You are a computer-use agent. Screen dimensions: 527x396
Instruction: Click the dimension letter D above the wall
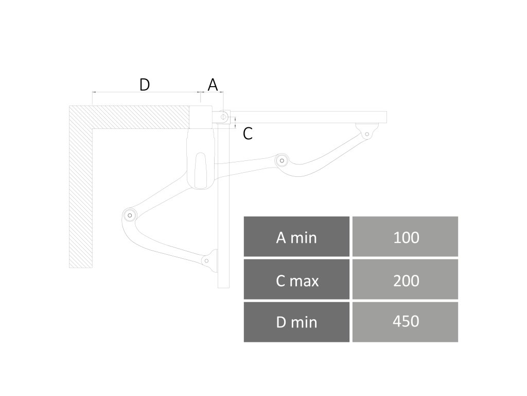(145, 85)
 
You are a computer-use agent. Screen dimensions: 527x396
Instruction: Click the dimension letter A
(213, 85)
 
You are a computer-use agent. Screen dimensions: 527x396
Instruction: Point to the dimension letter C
(248, 134)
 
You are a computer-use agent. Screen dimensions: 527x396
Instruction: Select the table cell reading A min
(296, 237)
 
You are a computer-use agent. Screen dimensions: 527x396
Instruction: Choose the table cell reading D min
(296, 322)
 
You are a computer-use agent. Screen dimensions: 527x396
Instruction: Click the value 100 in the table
(406, 237)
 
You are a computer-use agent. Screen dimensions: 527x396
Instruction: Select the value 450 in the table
(406, 322)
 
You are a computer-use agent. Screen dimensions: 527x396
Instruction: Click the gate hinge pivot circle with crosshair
(222, 118)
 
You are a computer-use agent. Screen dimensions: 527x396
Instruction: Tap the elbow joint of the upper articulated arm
(282, 160)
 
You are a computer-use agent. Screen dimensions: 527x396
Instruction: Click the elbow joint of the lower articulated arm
(129, 214)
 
